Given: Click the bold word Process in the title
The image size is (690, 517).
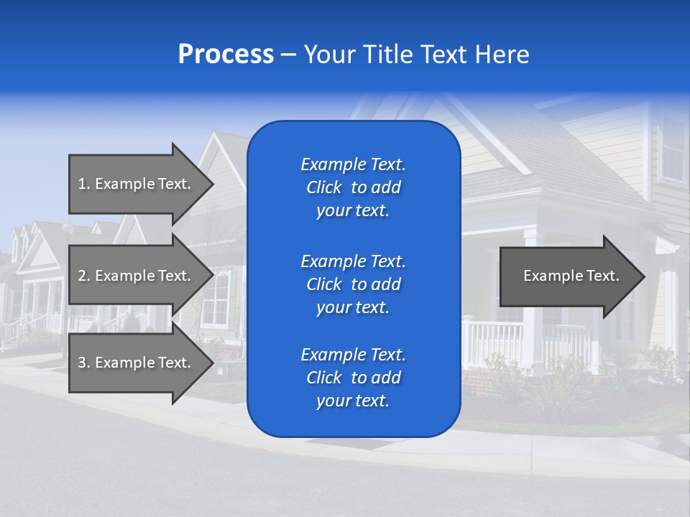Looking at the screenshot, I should point(226,55).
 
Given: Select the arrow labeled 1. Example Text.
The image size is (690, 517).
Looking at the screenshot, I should point(134,184).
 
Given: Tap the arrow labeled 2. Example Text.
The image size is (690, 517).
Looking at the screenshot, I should point(134,276).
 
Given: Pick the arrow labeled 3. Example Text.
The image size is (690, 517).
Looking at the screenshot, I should point(134,363).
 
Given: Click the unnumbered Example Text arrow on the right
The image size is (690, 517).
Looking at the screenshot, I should point(571,276).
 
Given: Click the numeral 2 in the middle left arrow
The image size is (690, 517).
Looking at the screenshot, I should point(82,276).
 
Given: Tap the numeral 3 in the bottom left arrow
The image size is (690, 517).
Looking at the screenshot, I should point(82,363).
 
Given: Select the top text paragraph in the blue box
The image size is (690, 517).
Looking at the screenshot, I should point(353,187).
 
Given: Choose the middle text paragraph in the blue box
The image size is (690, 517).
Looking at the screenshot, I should point(353,284).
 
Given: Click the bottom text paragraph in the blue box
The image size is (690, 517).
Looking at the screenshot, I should point(353,378).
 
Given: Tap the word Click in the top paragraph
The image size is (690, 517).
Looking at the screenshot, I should point(323,187).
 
